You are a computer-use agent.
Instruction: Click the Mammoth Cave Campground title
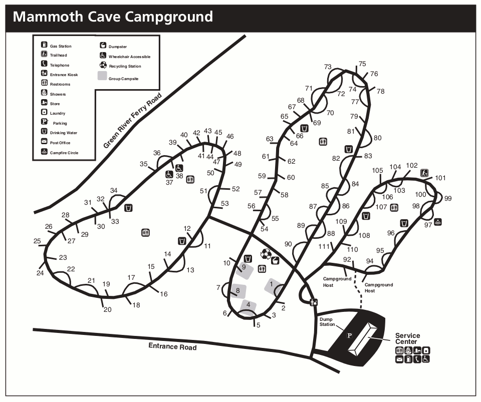113,17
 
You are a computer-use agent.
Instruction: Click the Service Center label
407,339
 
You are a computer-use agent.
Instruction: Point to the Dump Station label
327,321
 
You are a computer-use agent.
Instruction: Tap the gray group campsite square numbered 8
238,290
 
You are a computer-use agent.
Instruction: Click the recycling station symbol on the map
266,254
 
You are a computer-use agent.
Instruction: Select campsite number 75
362,64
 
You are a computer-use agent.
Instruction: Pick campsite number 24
40,273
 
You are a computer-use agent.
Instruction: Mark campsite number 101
440,178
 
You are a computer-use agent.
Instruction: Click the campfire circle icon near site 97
438,222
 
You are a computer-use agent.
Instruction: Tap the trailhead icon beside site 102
424,172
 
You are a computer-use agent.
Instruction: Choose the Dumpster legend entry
115,47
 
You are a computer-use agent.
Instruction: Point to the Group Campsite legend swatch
102,76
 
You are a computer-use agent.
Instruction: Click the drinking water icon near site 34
128,208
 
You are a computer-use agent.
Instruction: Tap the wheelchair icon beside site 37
169,175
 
